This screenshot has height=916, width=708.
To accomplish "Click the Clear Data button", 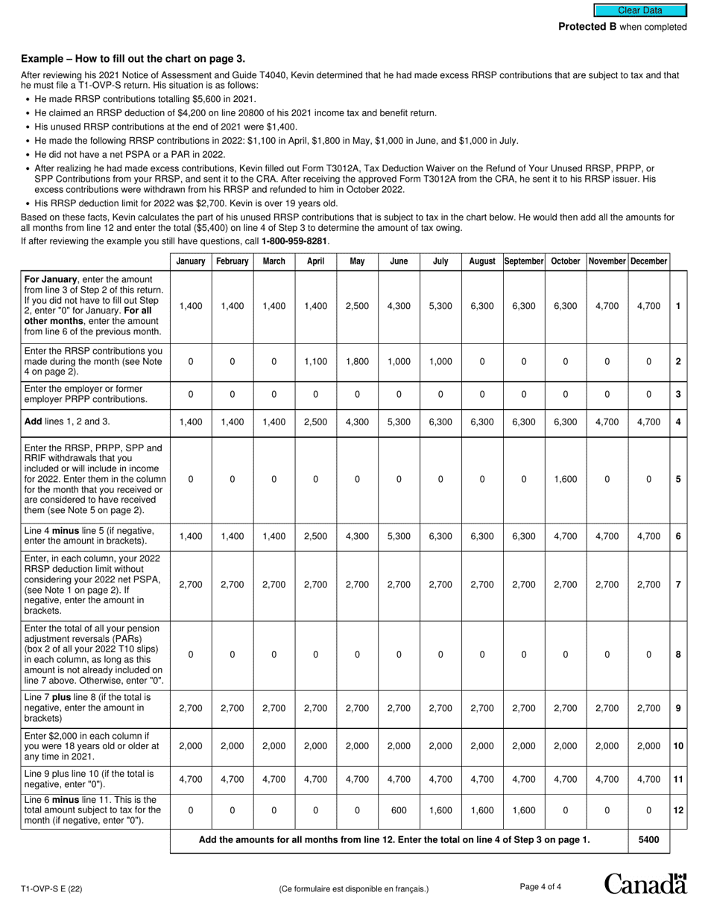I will pyautogui.click(x=639, y=10).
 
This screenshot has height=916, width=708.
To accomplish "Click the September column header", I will pyautogui.click(x=523, y=261).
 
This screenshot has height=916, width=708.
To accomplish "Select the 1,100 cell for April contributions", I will pyautogui.click(x=315, y=361).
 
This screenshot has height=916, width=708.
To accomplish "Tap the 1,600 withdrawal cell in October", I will pyautogui.click(x=565, y=480).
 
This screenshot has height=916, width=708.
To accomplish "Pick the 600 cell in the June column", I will pyautogui.click(x=399, y=810).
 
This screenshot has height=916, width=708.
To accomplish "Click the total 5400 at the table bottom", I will pyautogui.click(x=648, y=840).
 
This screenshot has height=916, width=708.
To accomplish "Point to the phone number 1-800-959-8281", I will pyautogui.click(x=294, y=241).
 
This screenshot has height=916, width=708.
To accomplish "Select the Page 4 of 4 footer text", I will pyautogui.click(x=540, y=886).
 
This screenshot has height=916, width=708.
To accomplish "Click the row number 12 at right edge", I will pyautogui.click(x=678, y=810).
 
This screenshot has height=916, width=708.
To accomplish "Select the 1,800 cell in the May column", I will pyautogui.click(x=357, y=361).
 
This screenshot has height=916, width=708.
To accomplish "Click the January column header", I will pyautogui.click(x=191, y=261).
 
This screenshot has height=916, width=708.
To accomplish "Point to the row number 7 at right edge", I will pyautogui.click(x=678, y=585).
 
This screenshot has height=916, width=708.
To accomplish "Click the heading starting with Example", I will pyautogui.click(x=133, y=59).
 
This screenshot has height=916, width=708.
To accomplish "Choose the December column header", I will pyautogui.click(x=648, y=261).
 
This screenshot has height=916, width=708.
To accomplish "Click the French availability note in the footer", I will pyautogui.click(x=354, y=888).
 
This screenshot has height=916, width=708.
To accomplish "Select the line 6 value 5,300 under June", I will pyautogui.click(x=399, y=535).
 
